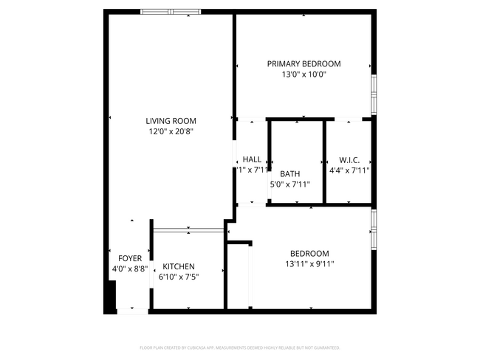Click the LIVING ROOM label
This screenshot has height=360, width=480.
point(171,121)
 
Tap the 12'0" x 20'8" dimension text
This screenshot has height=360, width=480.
point(171,132)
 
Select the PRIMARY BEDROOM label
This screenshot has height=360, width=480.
point(304,64)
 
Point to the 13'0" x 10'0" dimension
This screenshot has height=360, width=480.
point(304,75)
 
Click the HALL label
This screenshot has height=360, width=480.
point(252,159)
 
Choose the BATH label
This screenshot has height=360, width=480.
point(289,174)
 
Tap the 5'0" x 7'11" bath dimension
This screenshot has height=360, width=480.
point(289,184)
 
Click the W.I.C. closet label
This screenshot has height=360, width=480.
point(349,160)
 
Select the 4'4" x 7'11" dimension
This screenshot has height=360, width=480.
point(349,170)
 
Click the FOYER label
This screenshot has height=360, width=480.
point(130,258)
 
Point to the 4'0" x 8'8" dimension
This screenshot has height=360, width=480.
point(130,269)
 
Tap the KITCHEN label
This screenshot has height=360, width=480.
point(179,266)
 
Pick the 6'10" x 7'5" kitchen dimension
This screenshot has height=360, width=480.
point(179,277)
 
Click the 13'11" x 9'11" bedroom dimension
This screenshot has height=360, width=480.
point(309,264)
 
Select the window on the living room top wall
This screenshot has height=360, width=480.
point(170,12)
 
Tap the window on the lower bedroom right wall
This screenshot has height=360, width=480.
point(374,228)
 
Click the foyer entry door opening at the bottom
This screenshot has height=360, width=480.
point(133,311)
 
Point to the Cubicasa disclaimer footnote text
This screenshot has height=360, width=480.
point(240,347)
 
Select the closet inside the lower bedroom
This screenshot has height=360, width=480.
point(239,276)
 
